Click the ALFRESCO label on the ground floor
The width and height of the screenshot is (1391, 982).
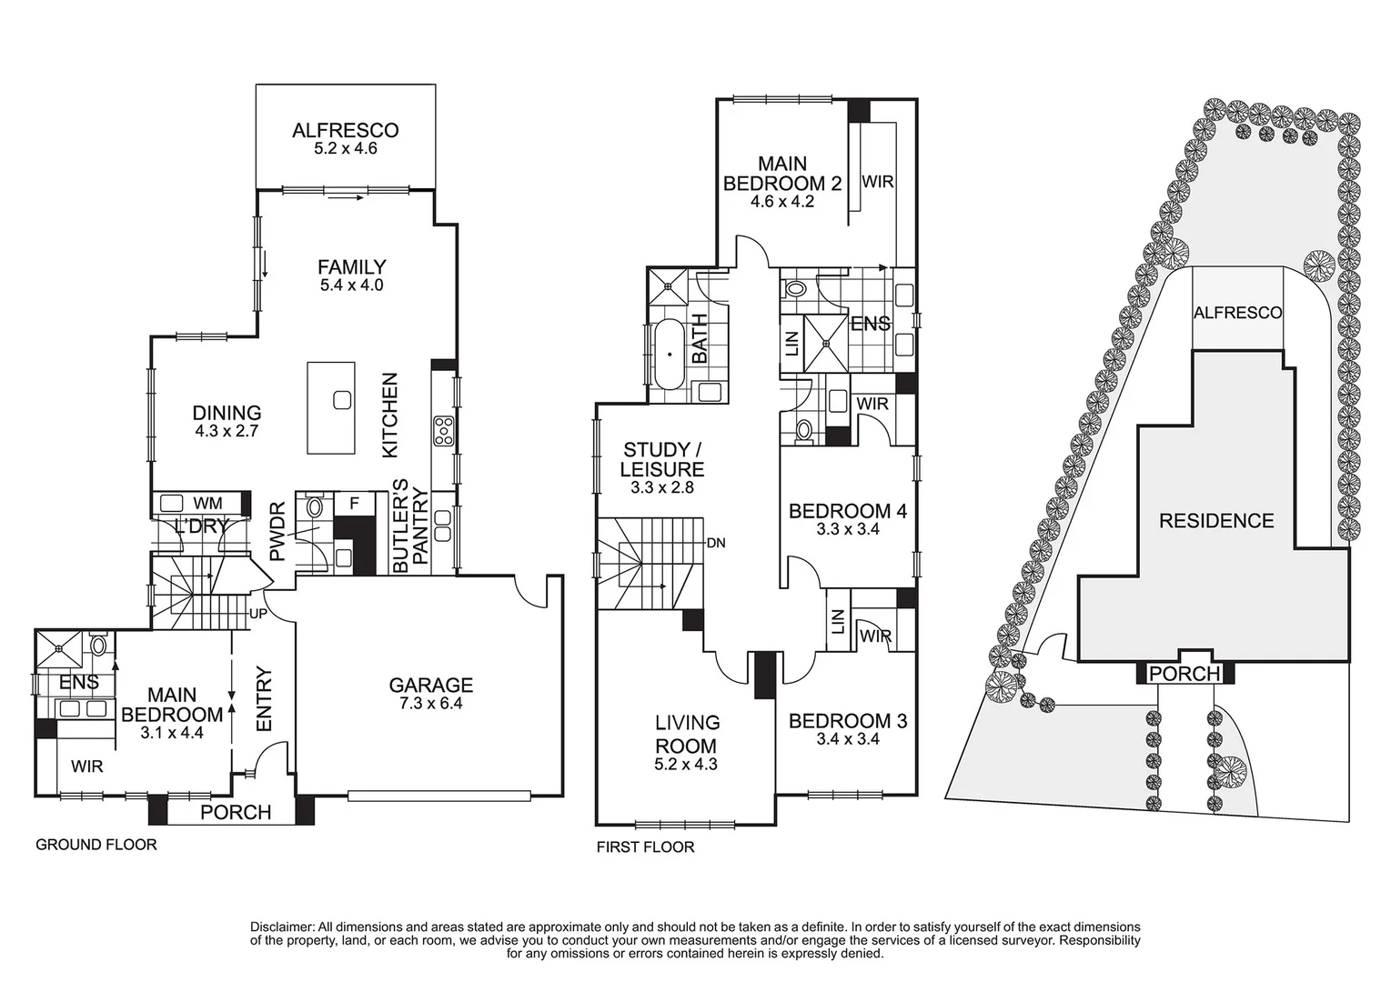click(x=345, y=130)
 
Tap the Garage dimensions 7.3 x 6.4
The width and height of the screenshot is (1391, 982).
click(x=431, y=703)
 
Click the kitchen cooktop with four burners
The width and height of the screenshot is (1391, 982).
click(x=444, y=430)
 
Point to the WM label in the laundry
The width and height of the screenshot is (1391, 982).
click(x=207, y=503)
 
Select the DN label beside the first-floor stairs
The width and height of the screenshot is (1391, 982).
click(x=715, y=544)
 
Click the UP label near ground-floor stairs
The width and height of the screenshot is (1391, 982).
click(x=258, y=614)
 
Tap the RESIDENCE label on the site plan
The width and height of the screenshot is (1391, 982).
click(x=1215, y=521)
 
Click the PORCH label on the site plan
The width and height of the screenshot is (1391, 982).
click(x=1184, y=674)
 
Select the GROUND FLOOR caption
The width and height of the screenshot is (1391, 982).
click(x=96, y=845)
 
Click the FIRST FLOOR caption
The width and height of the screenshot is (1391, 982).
click(x=645, y=847)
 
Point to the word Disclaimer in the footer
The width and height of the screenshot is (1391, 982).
click(x=282, y=927)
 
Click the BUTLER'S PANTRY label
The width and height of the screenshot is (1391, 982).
click(x=410, y=526)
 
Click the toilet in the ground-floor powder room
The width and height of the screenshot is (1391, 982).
click(x=315, y=506)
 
